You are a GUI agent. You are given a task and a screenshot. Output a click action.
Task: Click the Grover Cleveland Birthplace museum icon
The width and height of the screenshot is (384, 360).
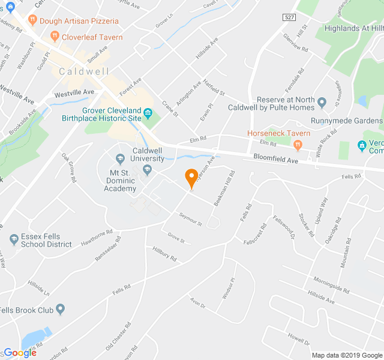point(148,111)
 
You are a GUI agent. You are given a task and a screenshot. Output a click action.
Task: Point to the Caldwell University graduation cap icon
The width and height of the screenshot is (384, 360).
point(148,171)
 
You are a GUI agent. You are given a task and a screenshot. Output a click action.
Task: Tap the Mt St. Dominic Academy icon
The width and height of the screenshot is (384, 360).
point(120,158)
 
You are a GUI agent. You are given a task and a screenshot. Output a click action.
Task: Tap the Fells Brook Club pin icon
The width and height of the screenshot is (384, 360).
point(60,309)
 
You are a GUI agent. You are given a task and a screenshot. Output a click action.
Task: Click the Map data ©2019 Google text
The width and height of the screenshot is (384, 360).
point(346,355)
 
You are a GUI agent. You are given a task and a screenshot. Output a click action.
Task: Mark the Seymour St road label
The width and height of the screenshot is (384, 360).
point(190,220)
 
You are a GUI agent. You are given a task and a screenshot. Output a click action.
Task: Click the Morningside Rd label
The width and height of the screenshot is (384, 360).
point(330,284)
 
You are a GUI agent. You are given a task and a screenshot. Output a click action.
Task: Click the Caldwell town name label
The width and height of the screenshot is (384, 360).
point(84,71)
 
